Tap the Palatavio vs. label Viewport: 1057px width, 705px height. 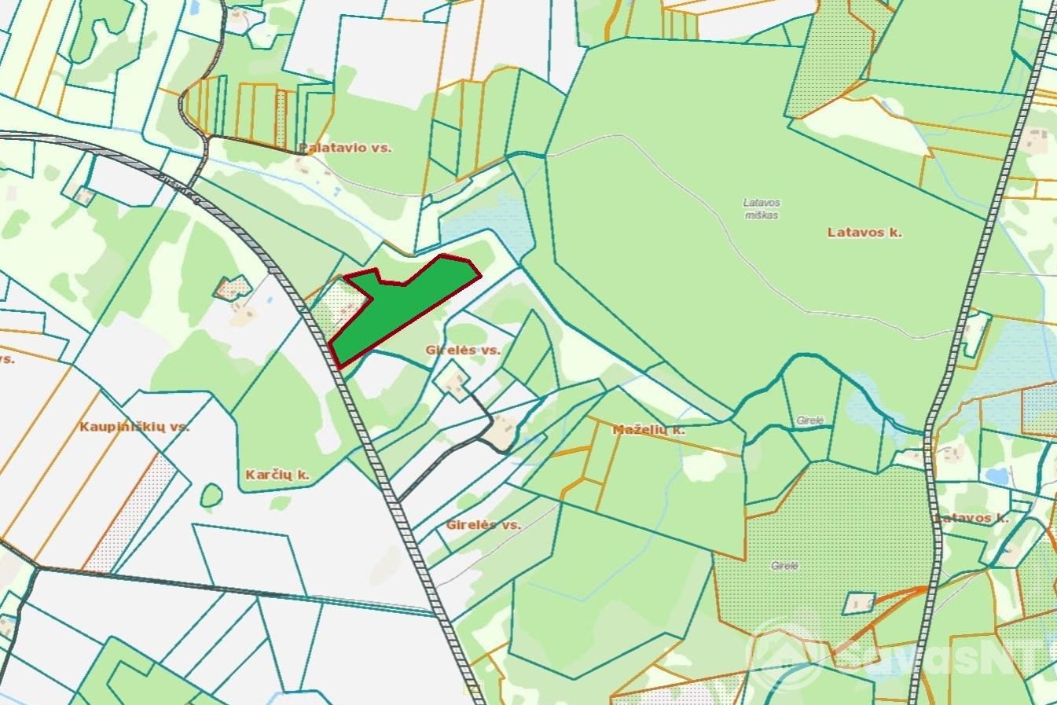pyautogui.click(x=345, y=147)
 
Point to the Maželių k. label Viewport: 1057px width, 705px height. pyautogui.click(x=648, y=430)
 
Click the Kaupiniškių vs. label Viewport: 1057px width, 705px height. pyautogui.click(x=134, y=427)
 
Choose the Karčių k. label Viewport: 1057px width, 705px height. pyautogui.click(x=274, y=475)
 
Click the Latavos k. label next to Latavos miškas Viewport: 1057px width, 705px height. pyautogui.click(x=864, y=233)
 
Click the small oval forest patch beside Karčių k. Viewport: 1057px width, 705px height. pyautogui.click(x=210, y=495)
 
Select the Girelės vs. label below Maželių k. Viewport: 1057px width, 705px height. pyautogui.click(x=483, y=524)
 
